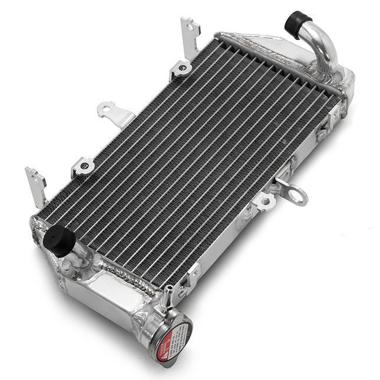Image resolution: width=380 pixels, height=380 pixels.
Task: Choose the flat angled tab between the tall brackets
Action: pos(115,113)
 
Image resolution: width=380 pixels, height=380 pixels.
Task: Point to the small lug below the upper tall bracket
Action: pos(181,70)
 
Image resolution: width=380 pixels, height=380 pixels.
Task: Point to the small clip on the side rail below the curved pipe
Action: pos(322,133)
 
